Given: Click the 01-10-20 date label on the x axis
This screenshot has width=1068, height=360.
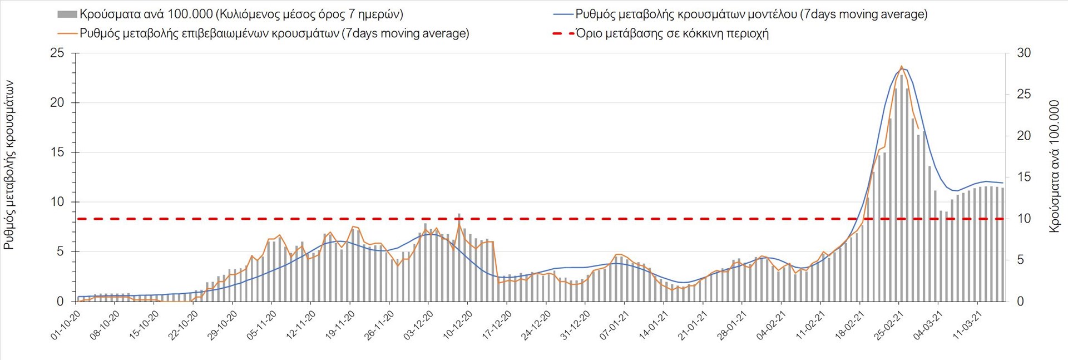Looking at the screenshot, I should coord(66,326).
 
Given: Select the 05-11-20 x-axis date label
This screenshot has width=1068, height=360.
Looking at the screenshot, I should coord(262,326).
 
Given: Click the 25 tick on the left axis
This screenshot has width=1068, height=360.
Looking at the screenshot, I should coord(57,53).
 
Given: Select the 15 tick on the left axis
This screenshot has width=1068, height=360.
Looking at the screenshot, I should coord(57,152).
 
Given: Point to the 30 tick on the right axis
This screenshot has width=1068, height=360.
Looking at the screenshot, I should coord(1023,53).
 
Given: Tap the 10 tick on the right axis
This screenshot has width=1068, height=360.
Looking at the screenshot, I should coord(1023,219).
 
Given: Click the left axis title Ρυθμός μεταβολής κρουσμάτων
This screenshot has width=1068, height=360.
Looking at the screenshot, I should coord(9,165).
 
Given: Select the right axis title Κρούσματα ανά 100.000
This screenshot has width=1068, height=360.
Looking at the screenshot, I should coord(1054,166).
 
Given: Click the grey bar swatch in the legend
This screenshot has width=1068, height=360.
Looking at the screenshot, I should coord(67,14).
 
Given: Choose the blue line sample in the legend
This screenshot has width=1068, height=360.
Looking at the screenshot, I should coord(563,14).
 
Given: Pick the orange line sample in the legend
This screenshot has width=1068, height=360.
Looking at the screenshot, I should coord(67,33).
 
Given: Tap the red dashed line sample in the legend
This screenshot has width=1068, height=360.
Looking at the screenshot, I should coord(563,33).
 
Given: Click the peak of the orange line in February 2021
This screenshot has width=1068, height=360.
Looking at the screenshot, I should coord(901,66).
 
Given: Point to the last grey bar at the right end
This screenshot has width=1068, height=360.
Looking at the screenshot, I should coord(1002,245).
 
